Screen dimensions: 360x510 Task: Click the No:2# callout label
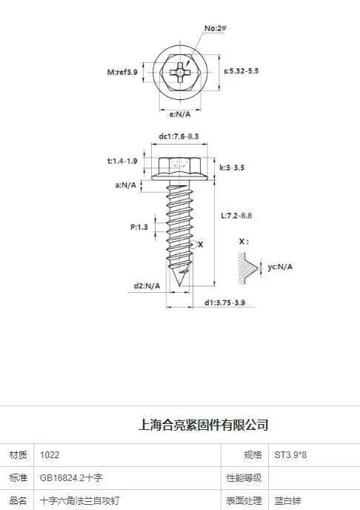coord(215,28)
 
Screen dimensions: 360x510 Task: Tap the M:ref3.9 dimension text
coord(122,72)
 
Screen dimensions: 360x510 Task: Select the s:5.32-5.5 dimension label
coord(241,71)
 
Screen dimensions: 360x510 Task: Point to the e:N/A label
coord(180,114)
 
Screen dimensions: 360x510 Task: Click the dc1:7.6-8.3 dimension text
coord(179,136)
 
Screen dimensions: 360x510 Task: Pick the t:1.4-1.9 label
coord(122,161)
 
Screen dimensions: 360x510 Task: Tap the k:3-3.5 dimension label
coord(232,168)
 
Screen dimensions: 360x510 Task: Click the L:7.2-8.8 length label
coord(236,216)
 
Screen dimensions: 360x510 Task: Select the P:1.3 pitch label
coord(139,227)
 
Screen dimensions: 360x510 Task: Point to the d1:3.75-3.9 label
coord(225,302)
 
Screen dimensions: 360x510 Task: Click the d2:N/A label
coord(147,286)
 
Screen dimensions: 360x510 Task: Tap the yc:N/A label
coord(280,267)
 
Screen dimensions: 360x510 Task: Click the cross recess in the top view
coord(180,72)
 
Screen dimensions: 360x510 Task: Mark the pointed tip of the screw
coord(180,286)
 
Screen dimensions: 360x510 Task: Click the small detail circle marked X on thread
coord(193,245)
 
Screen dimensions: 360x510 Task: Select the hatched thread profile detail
coord(247,268)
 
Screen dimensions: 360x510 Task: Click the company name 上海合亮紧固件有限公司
coord(204,425)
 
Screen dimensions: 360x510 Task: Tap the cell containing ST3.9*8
coord(314,455)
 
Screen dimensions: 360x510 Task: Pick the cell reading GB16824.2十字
coord(127,478)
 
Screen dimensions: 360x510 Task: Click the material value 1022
coord(50,455)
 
